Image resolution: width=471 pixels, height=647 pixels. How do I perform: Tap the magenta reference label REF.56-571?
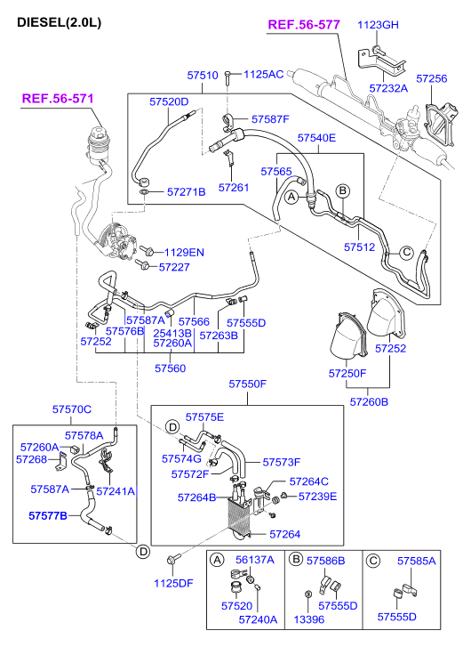(57, 99)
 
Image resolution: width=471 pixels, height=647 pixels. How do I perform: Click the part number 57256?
(431, 78)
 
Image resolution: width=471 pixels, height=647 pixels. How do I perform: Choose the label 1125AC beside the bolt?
(263, 74)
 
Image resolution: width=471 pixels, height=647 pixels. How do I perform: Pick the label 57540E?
(316, 138)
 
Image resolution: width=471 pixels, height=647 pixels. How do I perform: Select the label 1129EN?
(183, 252)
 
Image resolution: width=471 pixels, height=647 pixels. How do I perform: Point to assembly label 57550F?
(248, 384)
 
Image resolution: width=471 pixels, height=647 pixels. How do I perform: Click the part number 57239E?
(317, 496)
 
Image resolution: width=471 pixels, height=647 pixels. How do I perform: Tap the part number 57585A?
(417, 562)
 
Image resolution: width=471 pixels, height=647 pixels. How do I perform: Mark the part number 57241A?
(116, 489)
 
